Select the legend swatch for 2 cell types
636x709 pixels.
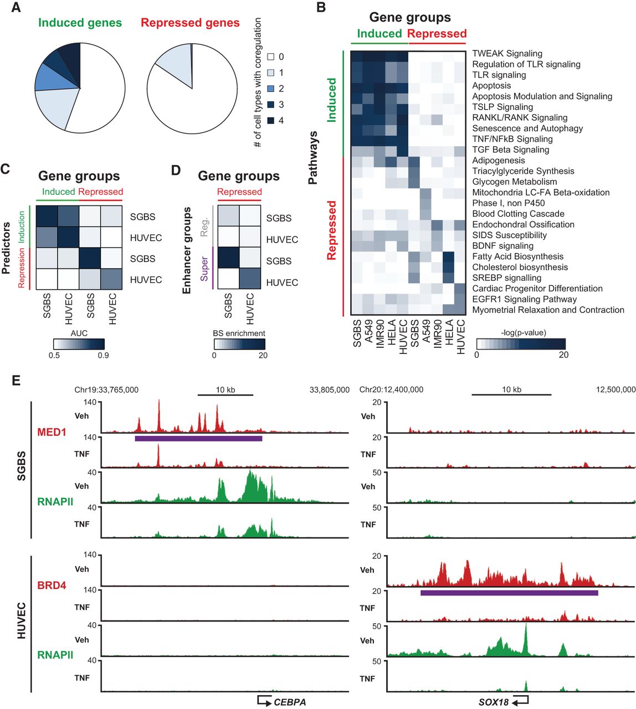tap(271, 89)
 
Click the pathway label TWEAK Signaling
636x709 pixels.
tap(507, 54)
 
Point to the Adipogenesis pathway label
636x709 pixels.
tap(498, 161)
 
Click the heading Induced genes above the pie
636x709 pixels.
tap(80, 23)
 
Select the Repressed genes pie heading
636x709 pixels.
tap(190, 23)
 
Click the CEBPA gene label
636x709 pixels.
tap(290, 702)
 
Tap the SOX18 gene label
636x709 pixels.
tap(494, 702)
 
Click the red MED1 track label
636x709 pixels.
tap(52, 432)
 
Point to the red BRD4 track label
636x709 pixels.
tap(52, 585)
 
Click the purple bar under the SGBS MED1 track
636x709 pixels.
tap(198, 439)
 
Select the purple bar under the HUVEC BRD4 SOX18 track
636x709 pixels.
tap(509, 593)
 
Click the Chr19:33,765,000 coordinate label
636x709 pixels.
tap(106, 390)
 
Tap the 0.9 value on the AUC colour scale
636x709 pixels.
tap(103, 355)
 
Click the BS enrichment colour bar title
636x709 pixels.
tap(239, 333)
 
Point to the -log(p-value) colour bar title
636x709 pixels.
tap(523, 333)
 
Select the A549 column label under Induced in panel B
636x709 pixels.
tap(368, 333)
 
